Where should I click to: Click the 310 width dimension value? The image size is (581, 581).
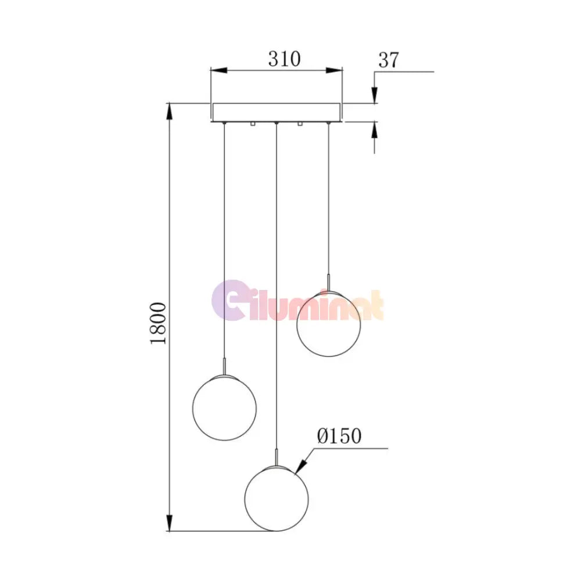point(284,59)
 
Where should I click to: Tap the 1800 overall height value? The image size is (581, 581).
point(158,322)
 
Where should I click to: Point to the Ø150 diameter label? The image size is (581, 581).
point(339,436)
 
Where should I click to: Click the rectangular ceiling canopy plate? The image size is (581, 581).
point(277,112)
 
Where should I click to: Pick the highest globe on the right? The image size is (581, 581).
point(329,324)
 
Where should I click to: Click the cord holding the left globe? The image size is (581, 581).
point(224,244)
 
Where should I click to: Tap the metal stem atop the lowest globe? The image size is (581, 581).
point(277,458)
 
